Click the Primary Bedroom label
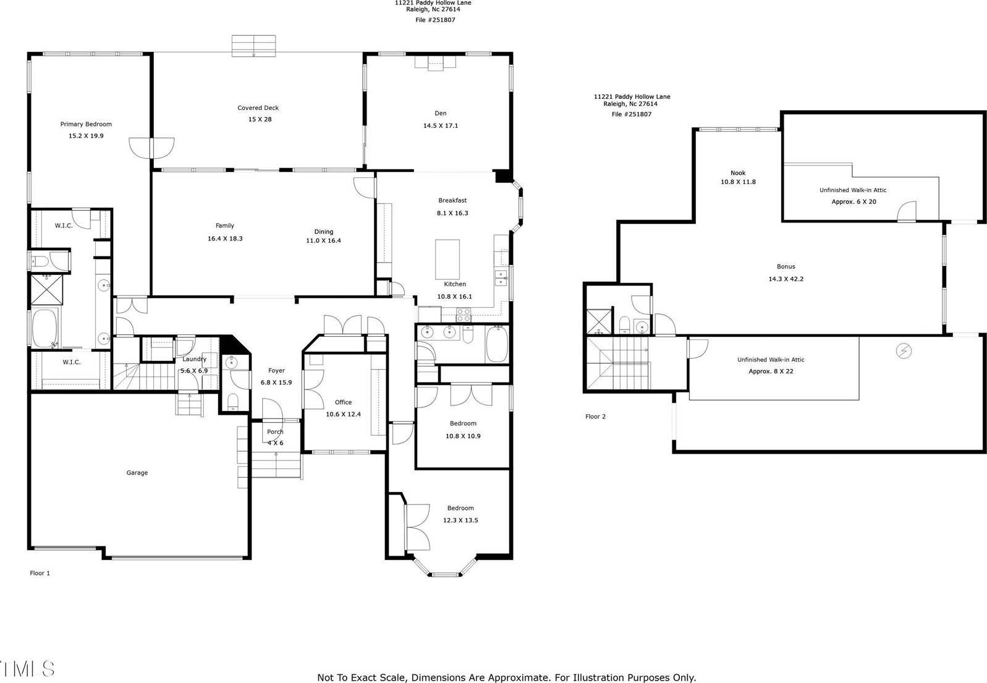[x=86, y=124]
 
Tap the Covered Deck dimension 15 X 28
[x=260, y=119]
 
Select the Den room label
[x=440, y=113]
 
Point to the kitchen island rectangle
[x=447, y=260]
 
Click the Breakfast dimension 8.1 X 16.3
[x=452, y=213]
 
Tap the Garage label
[x=137, y=473]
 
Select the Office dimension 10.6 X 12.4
[x=343, y=415]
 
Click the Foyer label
[x=276, y=371]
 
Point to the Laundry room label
[x=194, y=359]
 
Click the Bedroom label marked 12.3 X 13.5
[x=460, y=508]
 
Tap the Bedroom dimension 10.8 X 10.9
[x=463, y=436]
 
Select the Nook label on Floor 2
[x=738, y=173]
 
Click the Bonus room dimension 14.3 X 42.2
[x=786, y=279]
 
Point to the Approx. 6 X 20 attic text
[x=854, y=202]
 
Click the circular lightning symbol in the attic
[x=904, y=351]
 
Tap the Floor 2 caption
[x=595, y=417]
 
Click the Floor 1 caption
[x=40, y=573]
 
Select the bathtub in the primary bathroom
[x=44, y=329]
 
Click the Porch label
[x=275, y=432]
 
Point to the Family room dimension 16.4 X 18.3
[x=225, y=239]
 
